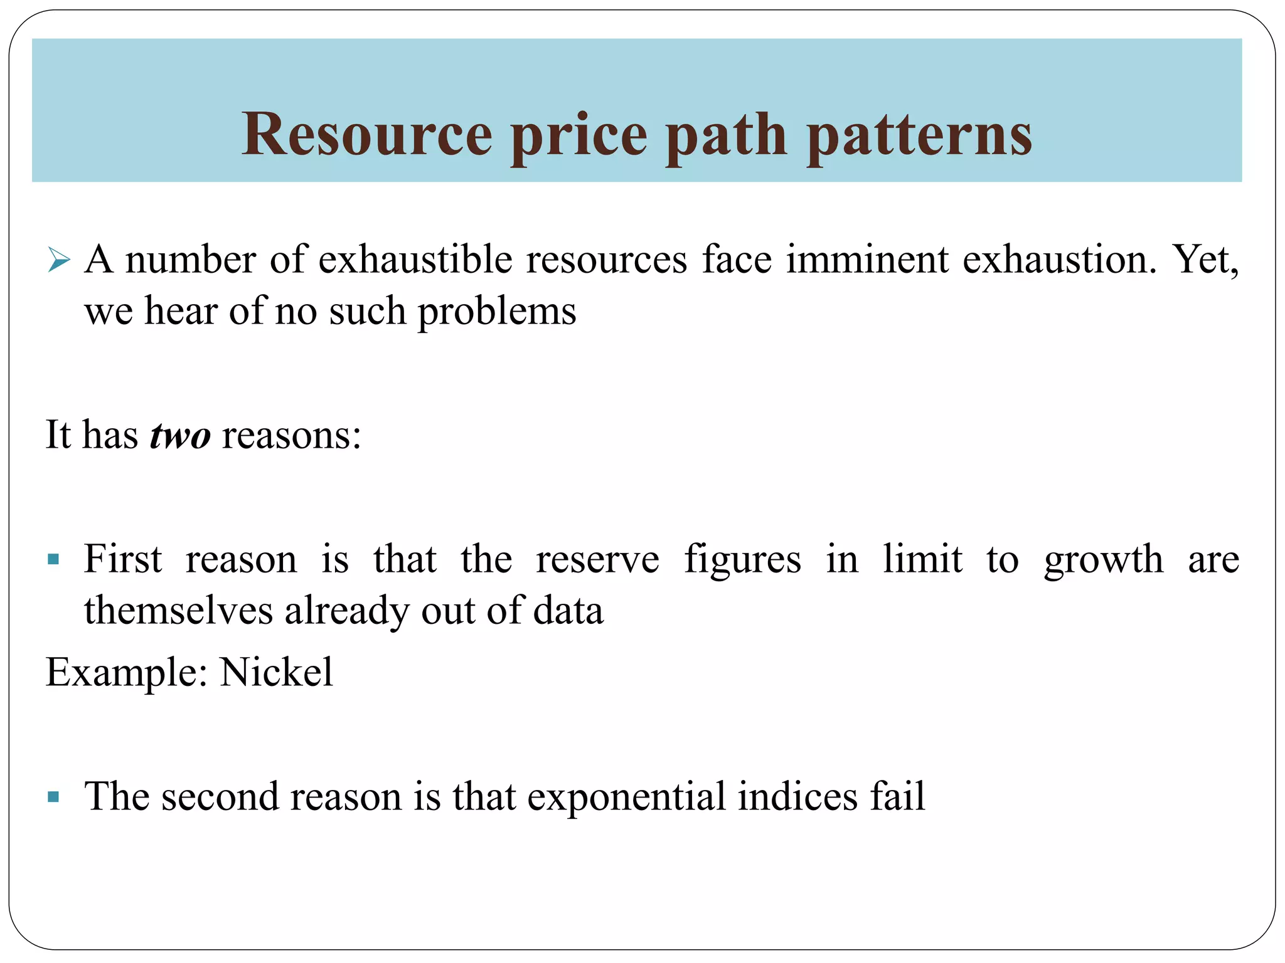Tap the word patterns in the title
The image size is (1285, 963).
point(919,135)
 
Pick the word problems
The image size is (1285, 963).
point(497,312)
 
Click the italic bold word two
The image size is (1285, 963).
point(180,434)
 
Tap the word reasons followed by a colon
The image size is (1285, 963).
point(291,434)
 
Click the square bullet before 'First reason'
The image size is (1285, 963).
point(53,559)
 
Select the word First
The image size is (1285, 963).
point(123,559)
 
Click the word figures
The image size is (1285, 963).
point(742,559)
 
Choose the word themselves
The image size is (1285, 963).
point(178,610)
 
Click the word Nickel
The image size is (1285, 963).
point(276,672)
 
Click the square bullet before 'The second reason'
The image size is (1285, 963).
point(53,797)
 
